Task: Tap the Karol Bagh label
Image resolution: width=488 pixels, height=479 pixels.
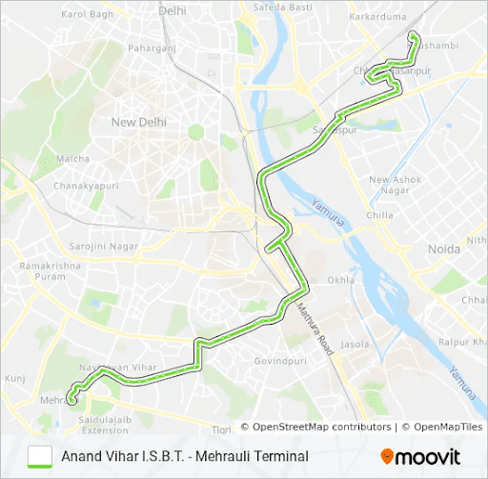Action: pyautogui.click(x=87, y=14)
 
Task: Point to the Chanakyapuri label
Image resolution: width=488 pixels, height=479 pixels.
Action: pyautogui.click(x=85, y=186)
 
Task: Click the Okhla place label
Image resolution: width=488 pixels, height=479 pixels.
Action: pyautogui.click(x=340, y=281)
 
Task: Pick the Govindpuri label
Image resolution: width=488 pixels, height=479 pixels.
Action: pyautogui.click(x=281, y=362)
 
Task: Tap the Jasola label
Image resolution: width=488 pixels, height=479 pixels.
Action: pyautogui.click(x=355, y=344)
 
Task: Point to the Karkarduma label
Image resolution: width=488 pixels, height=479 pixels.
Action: pyautogui.click(x=377, y=17)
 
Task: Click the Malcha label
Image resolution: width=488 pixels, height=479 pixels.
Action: pyautogui.click(x=72, y=159)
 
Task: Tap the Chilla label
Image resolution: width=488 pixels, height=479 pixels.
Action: pyautogui.click(x=379, y=215)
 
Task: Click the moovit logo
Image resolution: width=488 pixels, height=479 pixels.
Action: pyautogui.click(x=420, y=457)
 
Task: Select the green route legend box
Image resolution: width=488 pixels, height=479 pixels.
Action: pyautogui.click(x=40, y=456)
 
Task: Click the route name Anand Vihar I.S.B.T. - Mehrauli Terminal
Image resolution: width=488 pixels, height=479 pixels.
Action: pyautogui.click(x=185, y=456)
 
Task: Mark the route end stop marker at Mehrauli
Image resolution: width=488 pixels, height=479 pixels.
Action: pyautogui.click(x=72, y=401)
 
